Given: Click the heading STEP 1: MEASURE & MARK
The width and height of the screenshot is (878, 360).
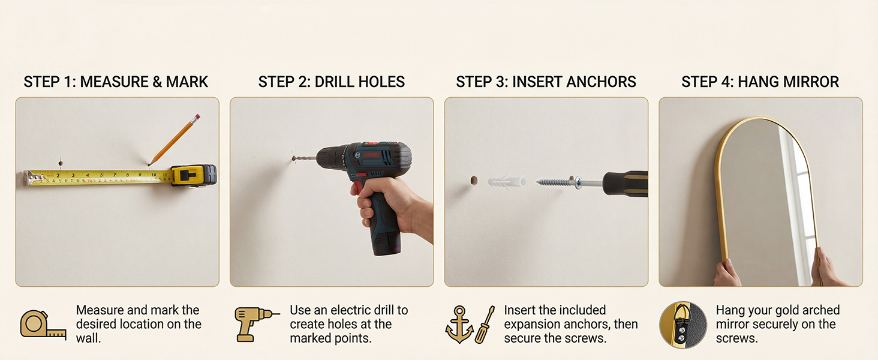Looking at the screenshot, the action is [116, 82].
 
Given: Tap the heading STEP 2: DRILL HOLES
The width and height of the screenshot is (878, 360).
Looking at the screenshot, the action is [331, 82].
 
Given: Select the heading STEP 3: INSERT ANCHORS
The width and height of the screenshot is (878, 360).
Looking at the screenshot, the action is [546, 82].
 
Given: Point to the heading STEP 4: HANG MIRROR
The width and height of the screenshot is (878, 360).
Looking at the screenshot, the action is [760, 82].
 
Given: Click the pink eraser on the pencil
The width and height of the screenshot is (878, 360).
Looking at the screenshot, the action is [197, 117].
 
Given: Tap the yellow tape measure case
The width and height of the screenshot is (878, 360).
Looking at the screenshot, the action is [194, 175].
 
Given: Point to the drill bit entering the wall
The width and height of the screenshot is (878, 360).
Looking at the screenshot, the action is [304, 158].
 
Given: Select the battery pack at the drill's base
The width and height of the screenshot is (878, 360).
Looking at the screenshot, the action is [386, 243].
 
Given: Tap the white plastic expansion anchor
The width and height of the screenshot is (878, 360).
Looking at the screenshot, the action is [507, 182].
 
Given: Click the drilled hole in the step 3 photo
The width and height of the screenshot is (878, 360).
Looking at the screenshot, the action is [474, 181].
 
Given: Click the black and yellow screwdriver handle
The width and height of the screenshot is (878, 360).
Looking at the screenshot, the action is [625, 183].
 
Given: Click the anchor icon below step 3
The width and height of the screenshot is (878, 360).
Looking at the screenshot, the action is [459, 324].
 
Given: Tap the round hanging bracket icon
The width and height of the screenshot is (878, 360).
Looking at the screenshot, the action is [683, 325].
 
